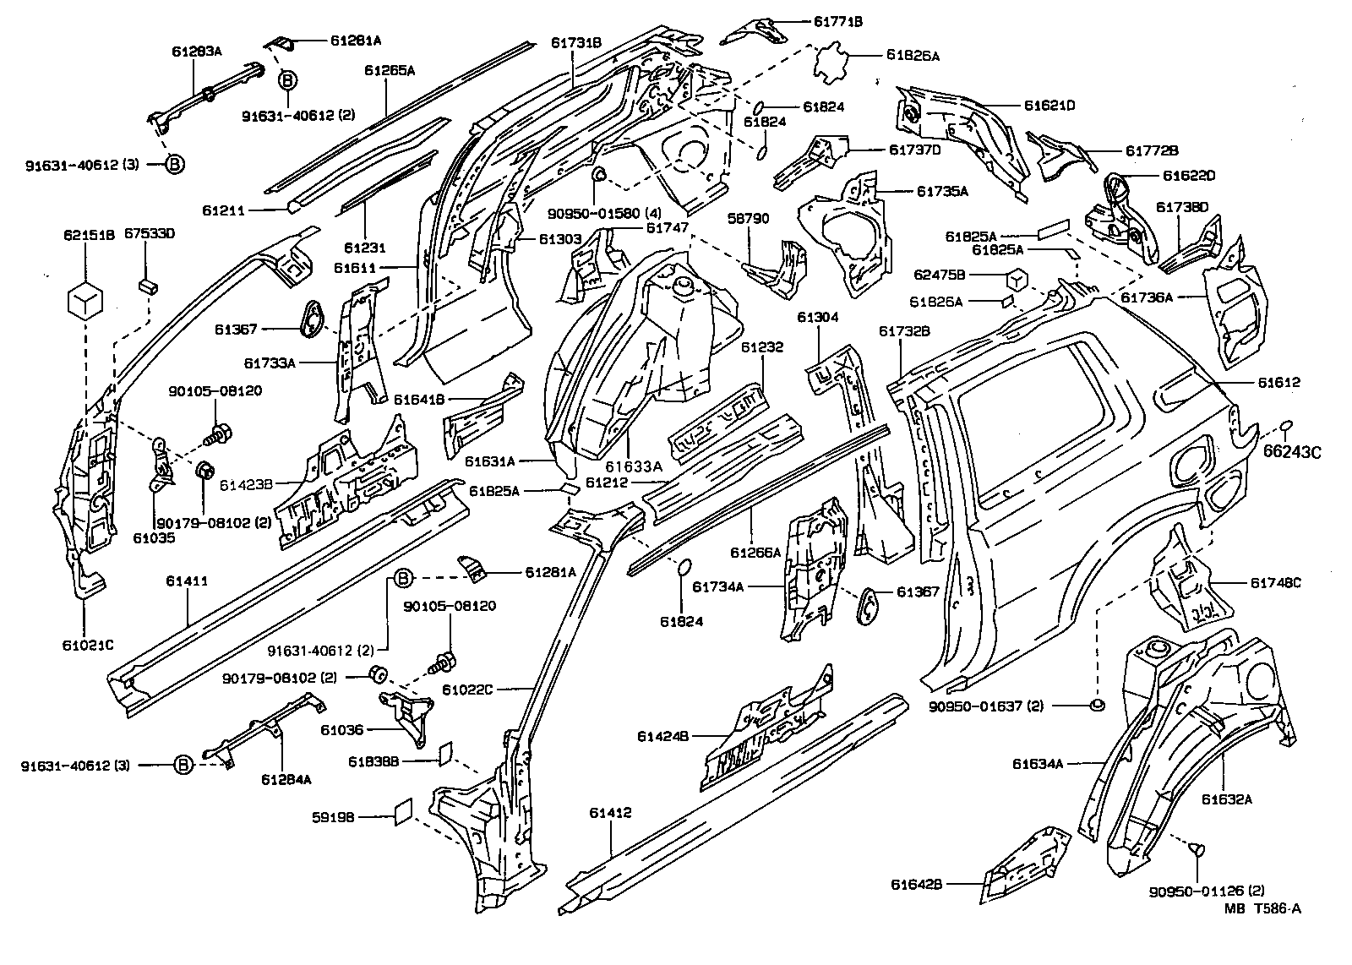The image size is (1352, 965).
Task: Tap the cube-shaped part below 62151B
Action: [x=85, y=303]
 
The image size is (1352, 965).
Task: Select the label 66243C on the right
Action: [x=1292, y=451]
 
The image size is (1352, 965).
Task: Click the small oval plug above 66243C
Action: [x=1288, y=423]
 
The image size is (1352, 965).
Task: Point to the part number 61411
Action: [x=187, y=581]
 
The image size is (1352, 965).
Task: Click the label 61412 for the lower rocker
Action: [x=610, y=813]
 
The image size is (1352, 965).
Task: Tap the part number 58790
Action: [x=749, y=218]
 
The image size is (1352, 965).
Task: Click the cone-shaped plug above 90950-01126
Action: [x=1199, y=850]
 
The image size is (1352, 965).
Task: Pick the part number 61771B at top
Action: [x=837, y=20]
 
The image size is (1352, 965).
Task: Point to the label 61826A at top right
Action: [x=913, y=56]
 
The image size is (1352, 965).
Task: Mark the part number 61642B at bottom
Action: [x=916, y=885]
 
